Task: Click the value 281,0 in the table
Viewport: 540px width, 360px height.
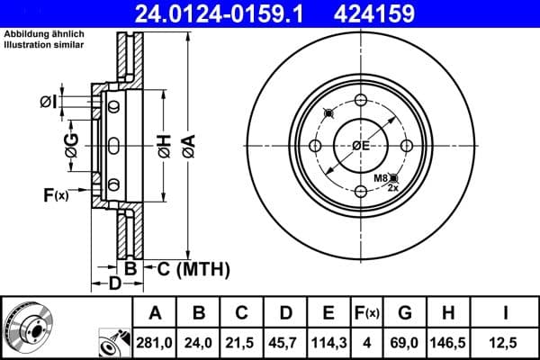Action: [x=156, y=341]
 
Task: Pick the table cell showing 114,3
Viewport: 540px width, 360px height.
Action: [x=328, y=341]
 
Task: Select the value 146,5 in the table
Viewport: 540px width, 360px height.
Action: [x=447, y=341]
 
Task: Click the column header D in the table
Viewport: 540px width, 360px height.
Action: [x=285, y=313]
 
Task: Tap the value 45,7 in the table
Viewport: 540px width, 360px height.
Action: [x=285, y=341]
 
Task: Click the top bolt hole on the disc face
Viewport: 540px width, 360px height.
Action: [x=361, y=101]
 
